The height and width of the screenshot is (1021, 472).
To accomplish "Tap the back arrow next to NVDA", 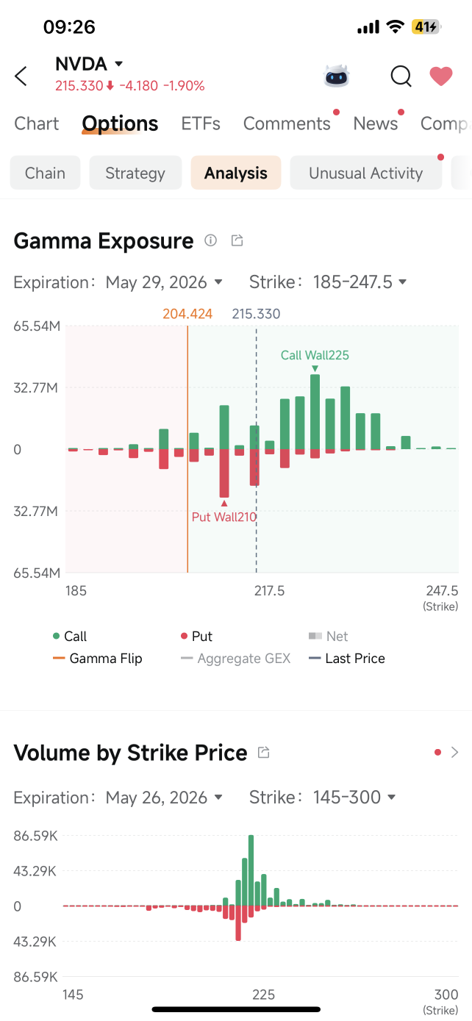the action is pyautogui.click(x=21, y=76).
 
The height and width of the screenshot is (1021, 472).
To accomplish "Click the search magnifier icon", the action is pyautogui.click(x=401, y=76).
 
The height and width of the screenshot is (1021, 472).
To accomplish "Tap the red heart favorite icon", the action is pyautogui.click(x=441, y=76).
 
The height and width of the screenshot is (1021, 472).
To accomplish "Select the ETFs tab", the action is pyautogui.click(x=201, y=123).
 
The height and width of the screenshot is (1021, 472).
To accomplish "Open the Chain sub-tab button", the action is pyautogui.click(x=45, y=173).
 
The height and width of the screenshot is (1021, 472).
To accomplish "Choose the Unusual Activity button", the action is pyautogui.click(x=365, y=173).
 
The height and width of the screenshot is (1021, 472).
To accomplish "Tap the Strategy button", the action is pyautogui.click(x=135, y=173).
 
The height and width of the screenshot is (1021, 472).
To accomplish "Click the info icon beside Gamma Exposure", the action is pyautogui.click(x=210, y=240).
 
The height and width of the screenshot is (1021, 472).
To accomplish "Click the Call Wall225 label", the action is pyautogui.click(x=315, y=355).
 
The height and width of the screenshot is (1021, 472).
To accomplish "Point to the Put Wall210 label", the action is pyautogui.click(x=224, y=517).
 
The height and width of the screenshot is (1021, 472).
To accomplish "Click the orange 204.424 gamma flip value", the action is pyautogui.click(x=187, y=314).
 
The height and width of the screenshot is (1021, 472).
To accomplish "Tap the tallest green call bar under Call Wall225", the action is pyautogui.click(x=315, y=412).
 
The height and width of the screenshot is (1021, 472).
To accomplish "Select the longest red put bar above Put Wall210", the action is pyautogui.click(x=224, y=473).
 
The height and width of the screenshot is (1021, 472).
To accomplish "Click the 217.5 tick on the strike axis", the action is pyautogui.click(x=269, y=591).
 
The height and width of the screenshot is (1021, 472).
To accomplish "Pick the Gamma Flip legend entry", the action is pyautogui.click(x=98, y=658).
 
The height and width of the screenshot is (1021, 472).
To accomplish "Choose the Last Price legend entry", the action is pyautogui.click(x=347, y=658).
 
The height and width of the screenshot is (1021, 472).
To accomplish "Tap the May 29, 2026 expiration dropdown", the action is pyautogui.click(x=164, y=282).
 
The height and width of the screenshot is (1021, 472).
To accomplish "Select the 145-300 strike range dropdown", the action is pyautogui.click(x=354, y=798).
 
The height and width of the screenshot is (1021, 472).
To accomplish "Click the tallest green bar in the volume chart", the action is pyautogui.click(x=251, y=870).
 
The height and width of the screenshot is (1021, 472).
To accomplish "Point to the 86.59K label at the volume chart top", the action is pyautogui.click(x=35, y=836).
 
